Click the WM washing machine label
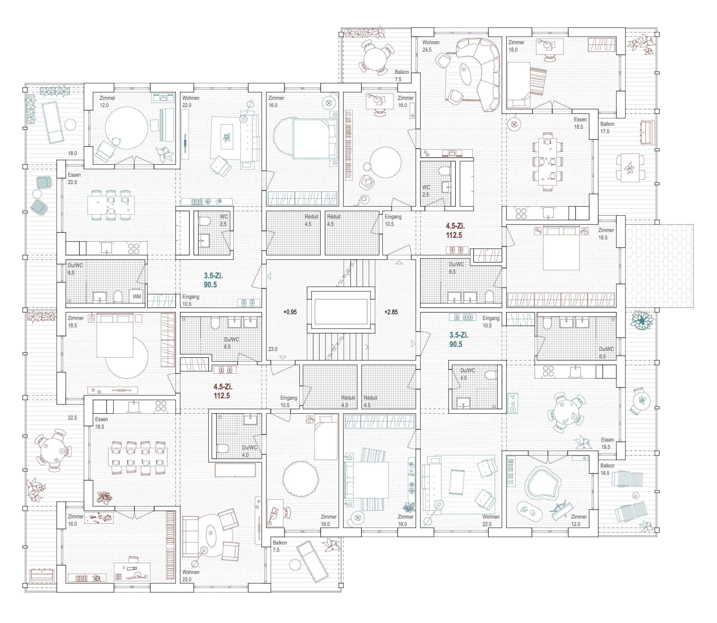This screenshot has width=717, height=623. (x=137, y=297)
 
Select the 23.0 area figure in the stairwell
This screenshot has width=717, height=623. (x=273, y=349)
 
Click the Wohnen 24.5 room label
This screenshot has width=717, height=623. (x=431, y=46)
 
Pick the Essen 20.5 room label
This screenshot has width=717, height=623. (x=74, y=178)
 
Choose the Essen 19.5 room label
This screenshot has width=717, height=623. (x=607, y=443)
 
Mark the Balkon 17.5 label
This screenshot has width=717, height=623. (x=607, y=128)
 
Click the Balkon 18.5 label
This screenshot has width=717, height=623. (x=607, y=469)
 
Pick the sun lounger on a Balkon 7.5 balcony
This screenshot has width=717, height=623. (x=312, y=562)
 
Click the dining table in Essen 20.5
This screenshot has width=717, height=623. (x=111, y=205)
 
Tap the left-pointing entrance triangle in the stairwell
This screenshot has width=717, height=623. (x=269, y=276)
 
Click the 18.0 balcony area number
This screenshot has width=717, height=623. (x=72, y=153)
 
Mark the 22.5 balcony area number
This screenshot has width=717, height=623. (x=72, y=417)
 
